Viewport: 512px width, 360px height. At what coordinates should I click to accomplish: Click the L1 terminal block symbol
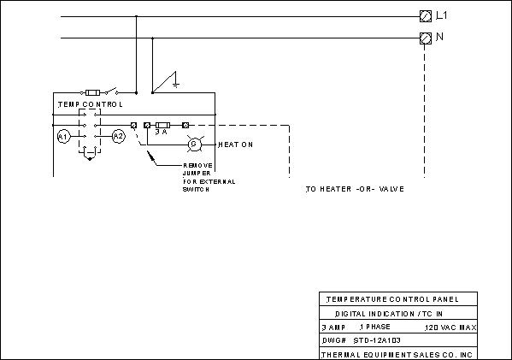pyautogui.click(x=425, y=16)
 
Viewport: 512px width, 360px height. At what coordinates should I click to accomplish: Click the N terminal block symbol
pyautogui.click(x=425, y=38)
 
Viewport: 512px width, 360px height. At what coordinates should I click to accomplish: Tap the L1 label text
pyautogui.click(x=442, y=15)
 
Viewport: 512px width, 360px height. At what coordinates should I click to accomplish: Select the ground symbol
pyautogui.click(x=176, y=80)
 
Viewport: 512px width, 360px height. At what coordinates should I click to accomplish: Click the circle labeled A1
pyautogui.click(x=63, y=137)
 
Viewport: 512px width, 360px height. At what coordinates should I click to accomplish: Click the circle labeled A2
pyautogui.click(x=119, y=136)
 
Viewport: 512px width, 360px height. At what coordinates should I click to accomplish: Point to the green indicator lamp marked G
pyautogui.click(x=194, y=144)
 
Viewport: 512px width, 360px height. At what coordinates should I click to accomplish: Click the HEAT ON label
pyautogui.click(x=235, y=145)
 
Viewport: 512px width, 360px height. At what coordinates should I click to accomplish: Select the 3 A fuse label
pyautogui.click(x=161, y=132)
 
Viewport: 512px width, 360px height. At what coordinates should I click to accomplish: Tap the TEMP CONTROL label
pyautogui.click(x=91, y=104)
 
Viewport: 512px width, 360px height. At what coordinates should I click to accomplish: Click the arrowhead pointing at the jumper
pyautogui.click(x=150, y=156)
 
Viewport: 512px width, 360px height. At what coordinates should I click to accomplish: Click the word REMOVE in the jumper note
pyautogui.click(x=197, y=166)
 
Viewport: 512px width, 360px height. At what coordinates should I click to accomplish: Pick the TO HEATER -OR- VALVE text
pyautogui.click(x=355, y=189)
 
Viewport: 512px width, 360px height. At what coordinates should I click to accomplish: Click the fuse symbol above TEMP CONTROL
pyautogui.click(x=92, y=92)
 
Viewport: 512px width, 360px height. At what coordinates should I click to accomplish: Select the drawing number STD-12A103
pyautogui.click(x=377, y=340)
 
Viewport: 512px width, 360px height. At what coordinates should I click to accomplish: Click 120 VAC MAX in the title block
pyautogui.click(x=450, y=328)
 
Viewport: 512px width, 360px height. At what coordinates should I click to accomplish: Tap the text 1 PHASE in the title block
pyautogui.click(x=375, y=327)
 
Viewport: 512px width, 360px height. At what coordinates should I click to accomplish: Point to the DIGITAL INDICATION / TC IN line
pyautogui.click(x=389, y=314)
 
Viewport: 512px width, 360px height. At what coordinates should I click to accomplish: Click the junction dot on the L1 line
pyautogui.click(x=136, y=16)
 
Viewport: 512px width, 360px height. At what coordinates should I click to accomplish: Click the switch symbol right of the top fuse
pyautogui.click(x=111, y=91)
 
